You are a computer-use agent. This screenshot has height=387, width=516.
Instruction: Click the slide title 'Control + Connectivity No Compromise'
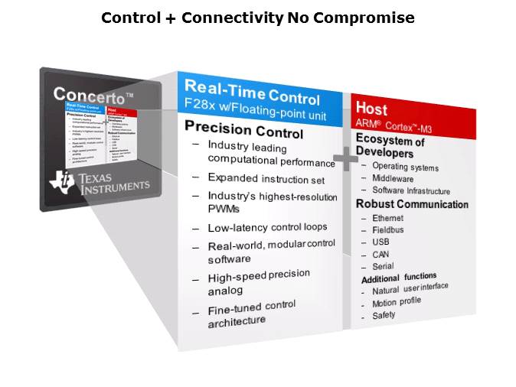point(258,17)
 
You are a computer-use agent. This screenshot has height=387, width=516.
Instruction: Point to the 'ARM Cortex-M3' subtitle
point(394,125)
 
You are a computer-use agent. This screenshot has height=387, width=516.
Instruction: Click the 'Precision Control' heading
point(244,131)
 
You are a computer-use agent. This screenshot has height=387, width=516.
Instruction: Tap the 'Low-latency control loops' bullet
point(267,227)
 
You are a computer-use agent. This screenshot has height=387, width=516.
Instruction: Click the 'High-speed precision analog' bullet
point(257,281)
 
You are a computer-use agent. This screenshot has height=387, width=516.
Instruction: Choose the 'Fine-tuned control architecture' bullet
point(251,314)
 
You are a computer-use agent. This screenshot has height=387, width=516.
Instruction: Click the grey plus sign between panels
point(345,160)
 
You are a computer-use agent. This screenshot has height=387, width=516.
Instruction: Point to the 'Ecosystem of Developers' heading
point(390,146)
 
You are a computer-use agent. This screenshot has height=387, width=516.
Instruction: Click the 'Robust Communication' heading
point(412,204)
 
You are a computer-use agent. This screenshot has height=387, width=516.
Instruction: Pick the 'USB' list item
point(380,242)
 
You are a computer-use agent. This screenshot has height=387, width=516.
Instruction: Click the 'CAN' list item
point(380,254)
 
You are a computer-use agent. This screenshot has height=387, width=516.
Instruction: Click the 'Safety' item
point(384,314)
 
